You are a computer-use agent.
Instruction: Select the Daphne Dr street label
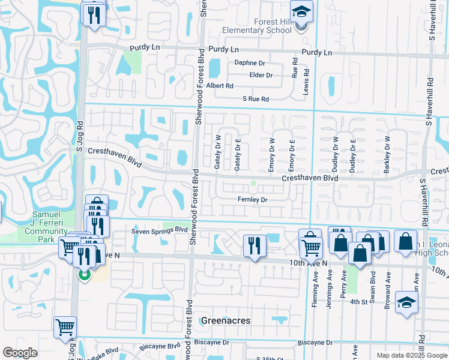[x=250, y=63]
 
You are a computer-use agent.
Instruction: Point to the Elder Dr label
[x=261, y=75]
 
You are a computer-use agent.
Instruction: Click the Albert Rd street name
[x=219, y=86]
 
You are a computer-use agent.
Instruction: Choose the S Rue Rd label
[x=255, y=99]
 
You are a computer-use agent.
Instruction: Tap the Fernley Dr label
[x=252, y=199]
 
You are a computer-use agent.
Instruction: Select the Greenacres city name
[x=226, y=321]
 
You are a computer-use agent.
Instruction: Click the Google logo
[x=20, y=353]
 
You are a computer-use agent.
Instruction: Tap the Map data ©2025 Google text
[x=412, y=355]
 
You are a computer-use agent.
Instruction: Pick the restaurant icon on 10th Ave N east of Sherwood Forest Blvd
[x=255, y=245]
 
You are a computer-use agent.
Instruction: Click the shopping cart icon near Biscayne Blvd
[x=65, y=328]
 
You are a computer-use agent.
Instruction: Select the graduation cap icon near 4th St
[x=406, y=302]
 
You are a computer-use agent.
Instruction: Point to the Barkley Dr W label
[x=387, y=155]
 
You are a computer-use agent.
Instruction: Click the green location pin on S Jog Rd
[x=85, y=275]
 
